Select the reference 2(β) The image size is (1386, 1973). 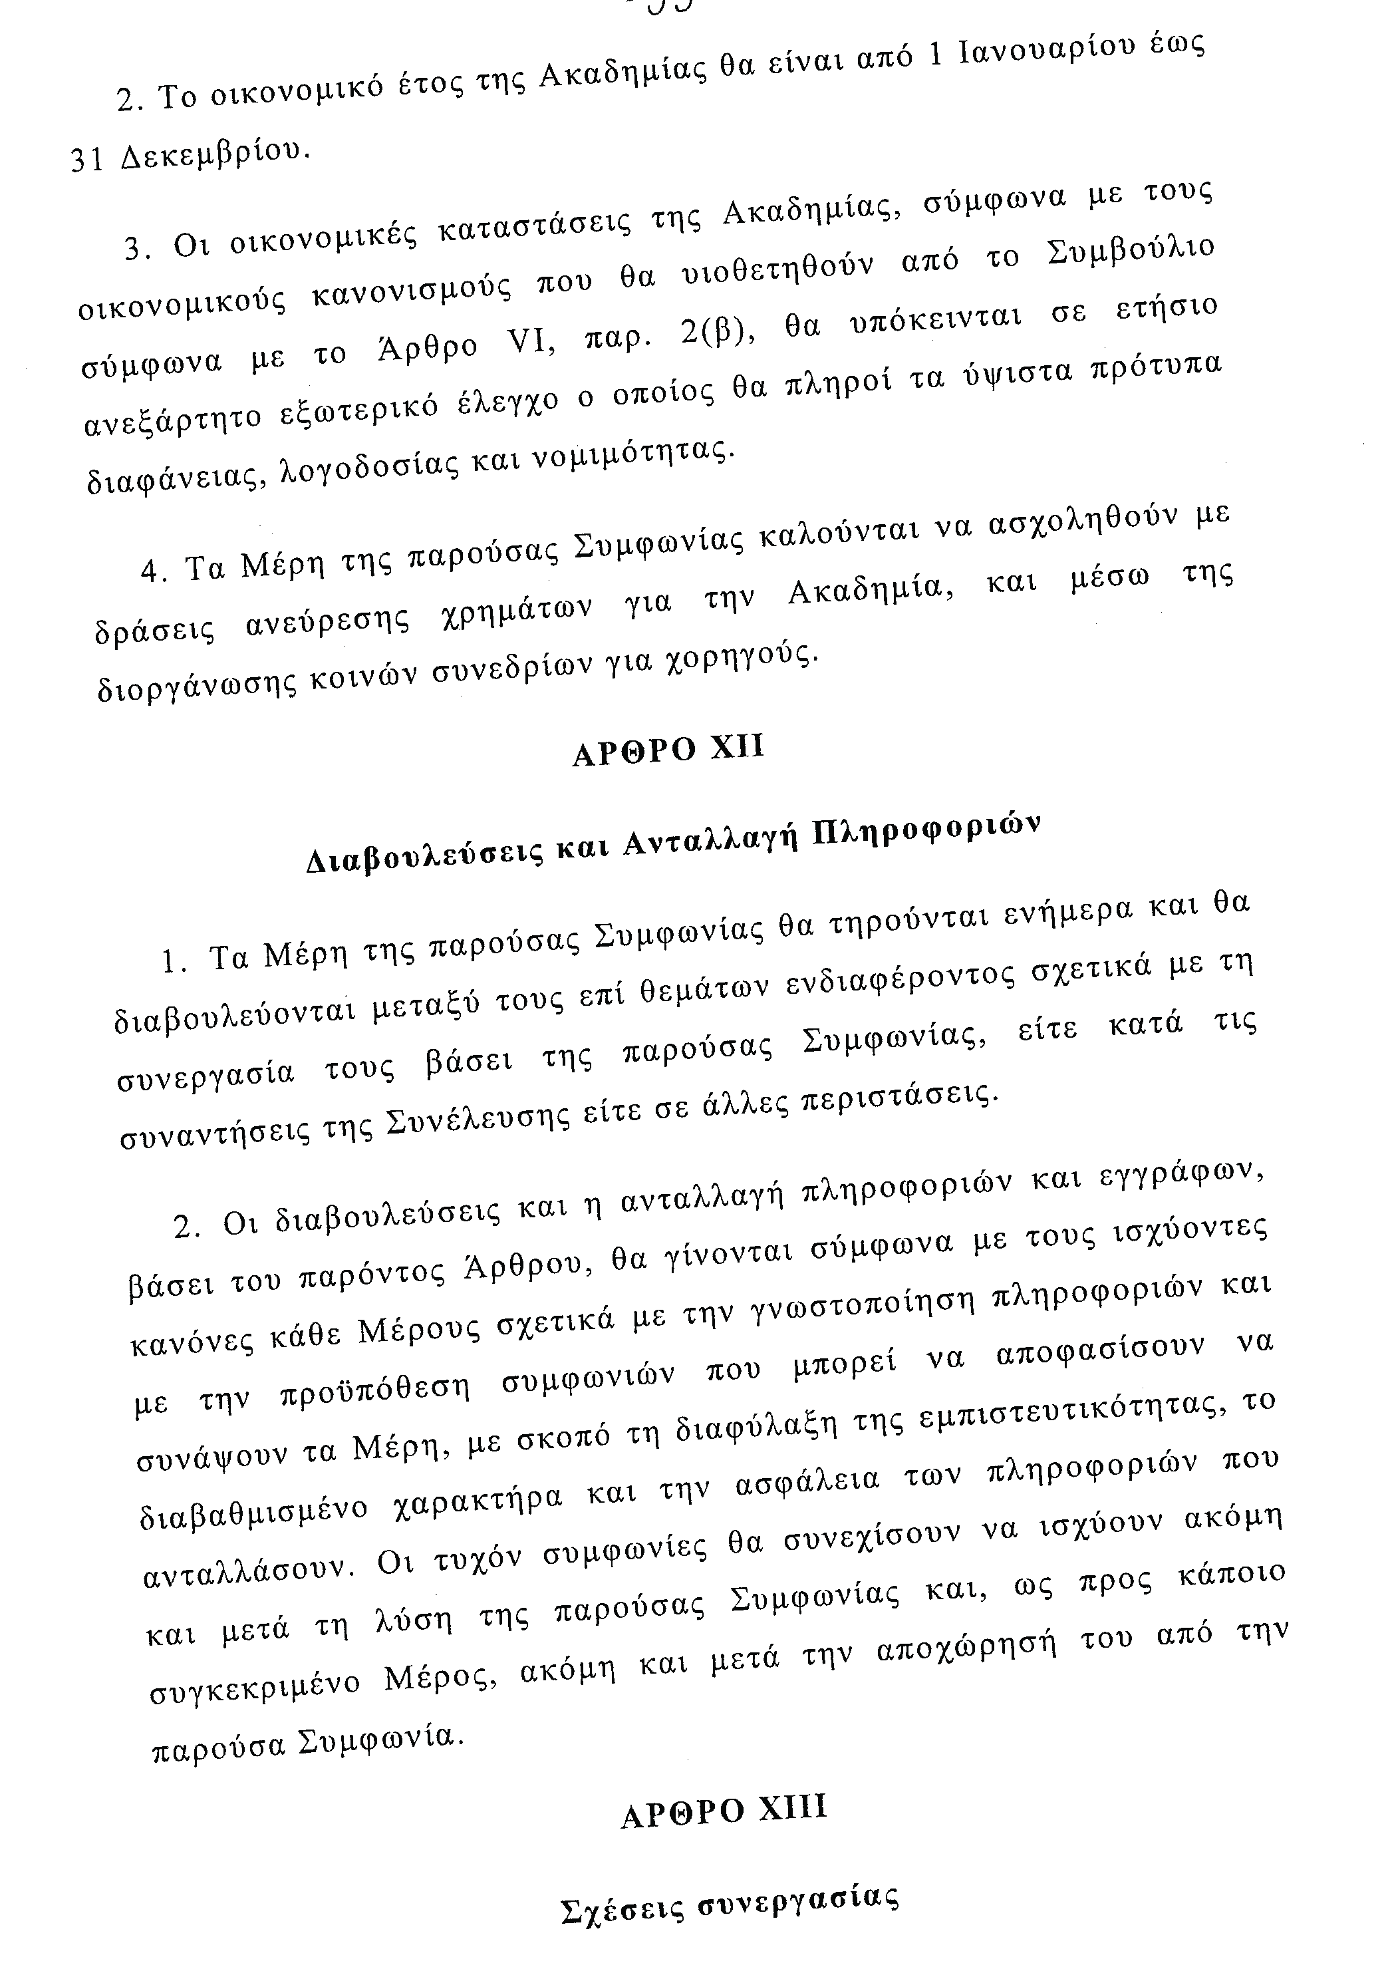(x=717, y=327)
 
